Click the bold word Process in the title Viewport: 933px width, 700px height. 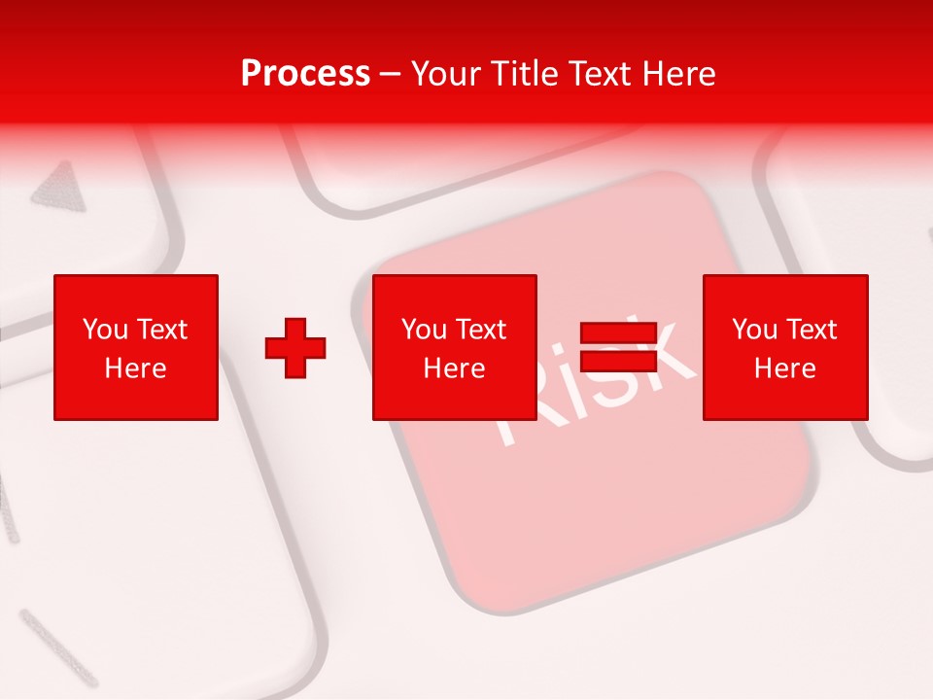pyautogui.click(x=305, y=74)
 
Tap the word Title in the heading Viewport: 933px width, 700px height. pyautogui.click(x=526, y=74)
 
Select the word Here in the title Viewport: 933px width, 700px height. pyautogui.click(x=677, y=74)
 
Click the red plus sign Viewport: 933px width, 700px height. pyautogui.click(x=295, y=348)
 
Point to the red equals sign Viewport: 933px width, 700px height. pyautogui.click(x=618, y=347)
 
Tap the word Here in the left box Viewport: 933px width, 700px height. pyautogui.click(x=136, y=368)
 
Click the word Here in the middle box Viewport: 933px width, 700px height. pyautogui.click(x=455, y=368)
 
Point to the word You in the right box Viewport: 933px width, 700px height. pyautogui.click(x=754, y=330)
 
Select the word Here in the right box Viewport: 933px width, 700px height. pyautogui.click(x=785, y=368)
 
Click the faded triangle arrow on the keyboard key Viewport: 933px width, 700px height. pyautogui.click(x=58, y=187)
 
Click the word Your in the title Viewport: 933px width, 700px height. pyautogui.click(x=447, y=74)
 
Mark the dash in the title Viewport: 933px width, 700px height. pyautogui.click(x=391, y=74)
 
